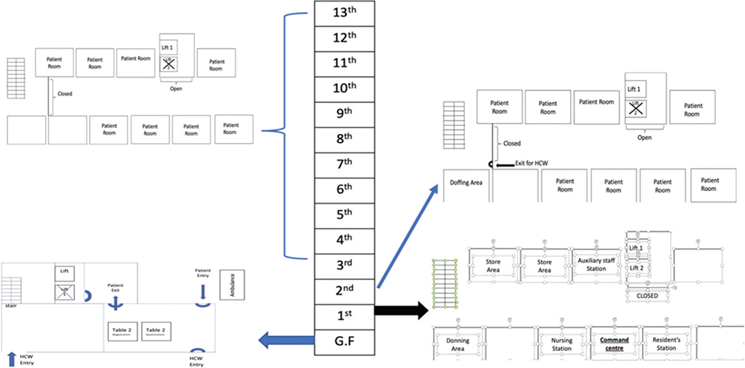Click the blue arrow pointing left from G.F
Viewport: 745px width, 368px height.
point(285,341)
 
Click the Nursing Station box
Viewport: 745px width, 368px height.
point(561,343)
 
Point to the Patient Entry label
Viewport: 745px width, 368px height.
point(202,274)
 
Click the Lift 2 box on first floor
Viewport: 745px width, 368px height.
point(638,268)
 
